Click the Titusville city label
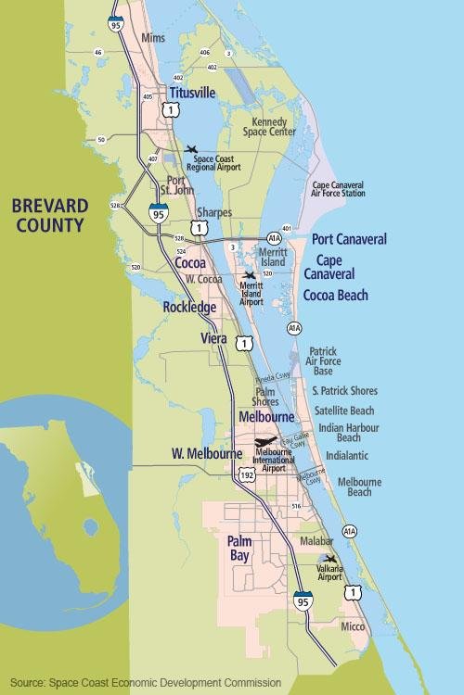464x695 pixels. (192, 93)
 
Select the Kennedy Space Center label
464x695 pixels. (268, 126)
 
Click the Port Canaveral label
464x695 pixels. (349, 239)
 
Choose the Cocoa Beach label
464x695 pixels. (336, 296)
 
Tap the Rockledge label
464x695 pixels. (189, 307)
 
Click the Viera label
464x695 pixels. (213, 338)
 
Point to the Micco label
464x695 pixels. (352, 626)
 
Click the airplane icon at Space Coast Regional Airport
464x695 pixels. (192, 149)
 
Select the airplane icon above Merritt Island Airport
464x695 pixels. (249, 275)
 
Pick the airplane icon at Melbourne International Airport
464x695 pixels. (264, 442)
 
